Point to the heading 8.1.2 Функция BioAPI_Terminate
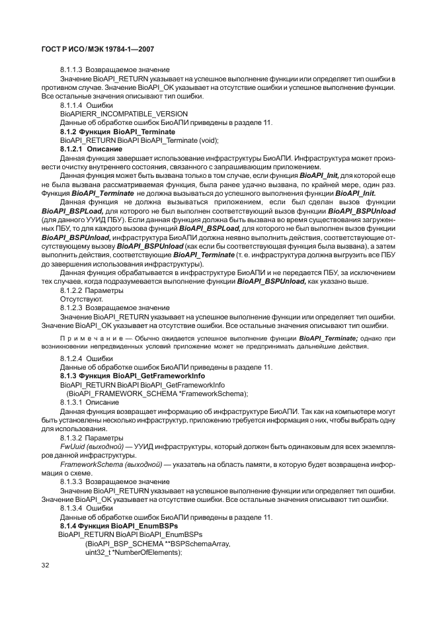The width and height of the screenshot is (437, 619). [x=113, y=132]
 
